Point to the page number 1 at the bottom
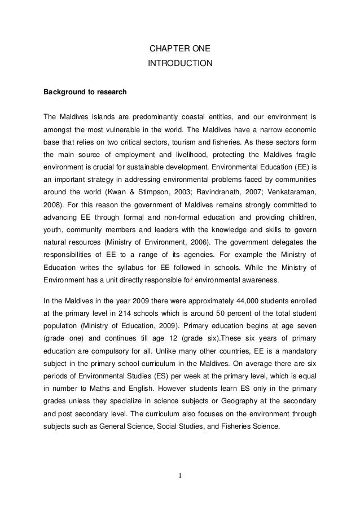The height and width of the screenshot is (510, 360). [180, 474]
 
